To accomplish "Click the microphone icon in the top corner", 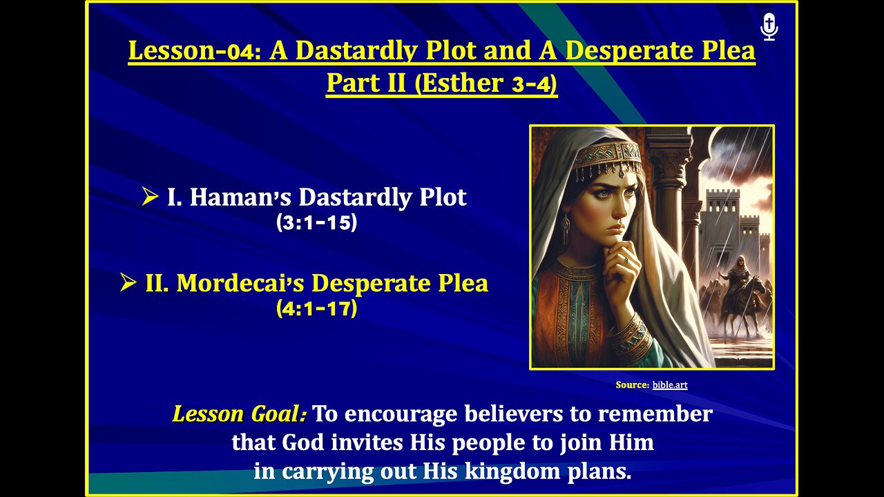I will (x=769, y=27).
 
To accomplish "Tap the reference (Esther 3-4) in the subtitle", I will (x=486, y=83).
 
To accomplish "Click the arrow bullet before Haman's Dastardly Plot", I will (x=150, y=197).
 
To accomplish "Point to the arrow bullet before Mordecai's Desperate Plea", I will (x=128, y=283).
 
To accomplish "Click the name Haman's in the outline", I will (x=234, y=197).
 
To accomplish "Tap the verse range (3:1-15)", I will (x=316, y=223).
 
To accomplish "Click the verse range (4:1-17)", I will (x=316, y=309).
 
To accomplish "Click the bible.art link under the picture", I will (x=669, y=385).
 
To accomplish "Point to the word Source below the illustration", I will (x=631, y=385).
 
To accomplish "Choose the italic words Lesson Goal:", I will (x=240, y=414).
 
